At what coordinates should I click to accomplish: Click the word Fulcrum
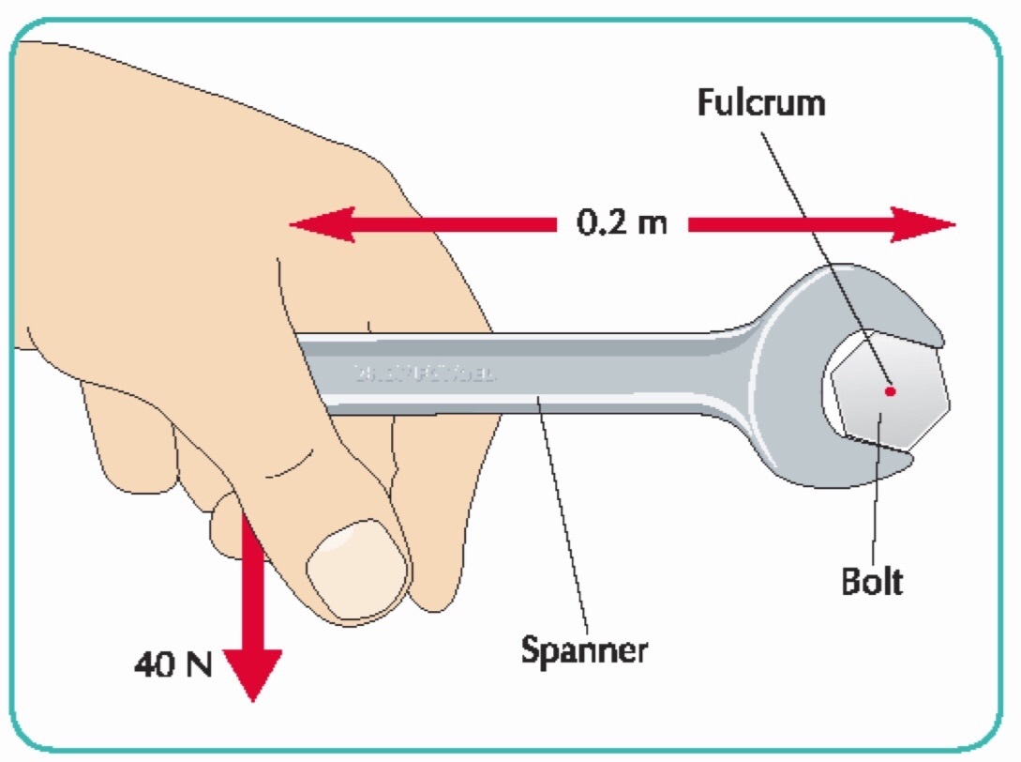coord(760,102)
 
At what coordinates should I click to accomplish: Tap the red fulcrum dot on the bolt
coord(890,390)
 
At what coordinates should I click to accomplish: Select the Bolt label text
coord(871,582)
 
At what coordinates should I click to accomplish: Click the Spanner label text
coord(584,649)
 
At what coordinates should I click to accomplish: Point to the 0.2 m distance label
coord(622,225)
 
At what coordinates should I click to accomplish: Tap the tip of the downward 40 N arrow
coord(252,696)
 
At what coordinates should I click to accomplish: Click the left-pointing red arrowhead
coord(319,225)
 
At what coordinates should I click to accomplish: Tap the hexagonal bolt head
coord(889,392)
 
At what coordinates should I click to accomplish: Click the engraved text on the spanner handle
coord(424,374)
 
